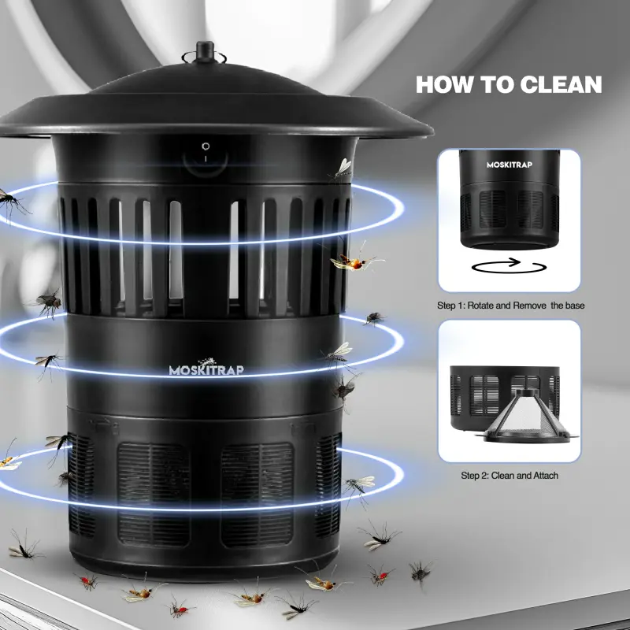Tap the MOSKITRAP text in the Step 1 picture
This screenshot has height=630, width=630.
(x=509, y=165)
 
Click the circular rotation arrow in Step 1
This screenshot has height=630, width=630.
(x=508, y=265)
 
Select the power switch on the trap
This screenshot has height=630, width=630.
(x=206, y=151)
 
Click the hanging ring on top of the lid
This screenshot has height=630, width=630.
(x=205, y=57)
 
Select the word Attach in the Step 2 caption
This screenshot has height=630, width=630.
(x=542, y=476)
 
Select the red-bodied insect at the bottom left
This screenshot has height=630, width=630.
(x=87, y=582)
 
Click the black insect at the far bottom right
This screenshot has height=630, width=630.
(x=421, y=569)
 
